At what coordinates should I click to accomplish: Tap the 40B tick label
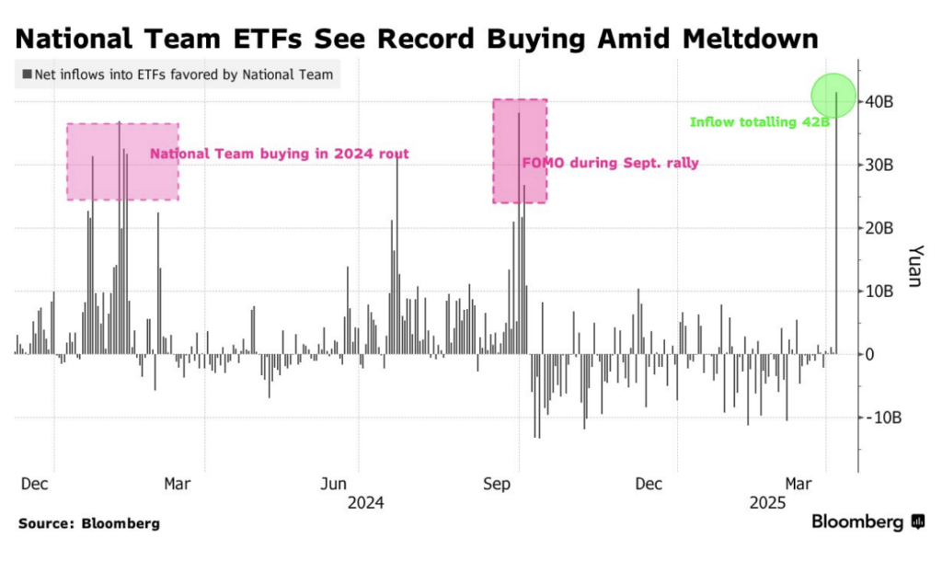882,102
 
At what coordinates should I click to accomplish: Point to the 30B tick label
882,166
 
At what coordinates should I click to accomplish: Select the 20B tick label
882,228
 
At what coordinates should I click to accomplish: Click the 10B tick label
882,292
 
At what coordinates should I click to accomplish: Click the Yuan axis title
913,266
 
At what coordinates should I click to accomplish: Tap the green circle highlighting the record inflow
834,96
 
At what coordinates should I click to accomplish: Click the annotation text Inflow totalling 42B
759,121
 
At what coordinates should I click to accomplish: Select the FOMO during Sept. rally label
610,164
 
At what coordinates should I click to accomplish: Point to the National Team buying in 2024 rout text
279,154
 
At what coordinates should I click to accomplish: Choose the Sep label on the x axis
498,484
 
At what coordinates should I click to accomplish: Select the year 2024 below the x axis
365,503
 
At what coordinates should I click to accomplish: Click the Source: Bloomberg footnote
88,523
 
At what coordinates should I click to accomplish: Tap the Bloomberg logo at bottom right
867,522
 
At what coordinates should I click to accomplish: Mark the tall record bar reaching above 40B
836,221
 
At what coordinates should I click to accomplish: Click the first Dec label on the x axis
35,484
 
